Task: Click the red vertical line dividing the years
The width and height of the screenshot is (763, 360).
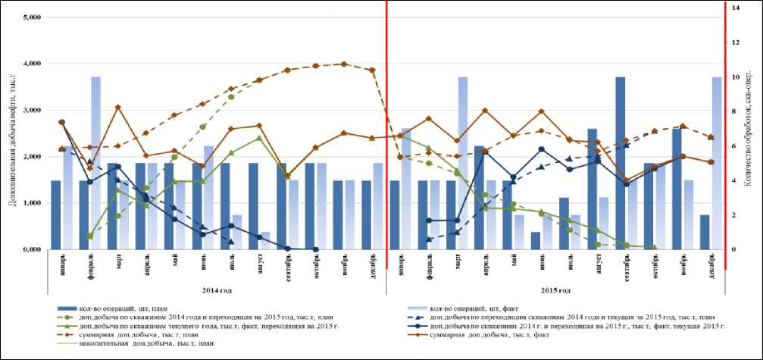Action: click(386, 152)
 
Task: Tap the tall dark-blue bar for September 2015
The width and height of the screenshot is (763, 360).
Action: click(621, 163)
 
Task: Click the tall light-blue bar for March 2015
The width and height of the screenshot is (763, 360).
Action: click(463, 163)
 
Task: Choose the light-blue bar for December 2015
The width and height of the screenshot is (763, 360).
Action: click(717, 163)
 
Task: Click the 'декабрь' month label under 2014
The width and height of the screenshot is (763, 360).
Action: click(371, 265)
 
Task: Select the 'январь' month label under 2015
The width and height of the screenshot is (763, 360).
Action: click(399, 265)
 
